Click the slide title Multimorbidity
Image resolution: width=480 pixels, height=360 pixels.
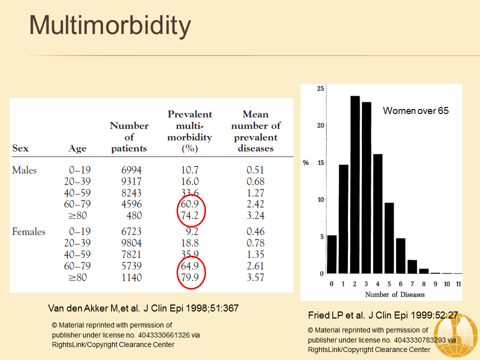(x=110, y=26)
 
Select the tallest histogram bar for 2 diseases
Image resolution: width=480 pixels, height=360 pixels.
(x=355, y=185)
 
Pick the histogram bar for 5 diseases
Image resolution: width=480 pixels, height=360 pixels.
(x=389, y=238)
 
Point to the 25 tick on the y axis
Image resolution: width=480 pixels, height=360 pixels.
(x=321, y=88)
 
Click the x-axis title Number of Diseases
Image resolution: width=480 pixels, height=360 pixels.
(x=394, y=294)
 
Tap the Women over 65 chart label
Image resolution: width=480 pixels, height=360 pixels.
(x=415, y=110)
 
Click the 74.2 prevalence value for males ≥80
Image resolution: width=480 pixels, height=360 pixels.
(x=190, y=215)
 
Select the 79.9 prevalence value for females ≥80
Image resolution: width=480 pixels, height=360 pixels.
(x=190, y=277)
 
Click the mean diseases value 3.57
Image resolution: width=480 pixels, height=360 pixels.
(x=255, y=277)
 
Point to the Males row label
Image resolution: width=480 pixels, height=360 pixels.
(x=24, y=170)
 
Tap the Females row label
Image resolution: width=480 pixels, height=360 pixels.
(x=28, y=231)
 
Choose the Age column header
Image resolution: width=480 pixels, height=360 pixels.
(x=77, y=148)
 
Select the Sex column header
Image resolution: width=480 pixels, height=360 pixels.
(x=20, y=148)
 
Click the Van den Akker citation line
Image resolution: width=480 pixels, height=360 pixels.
(x=142, y=308)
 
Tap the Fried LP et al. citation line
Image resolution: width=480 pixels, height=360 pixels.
(x=383, y=315)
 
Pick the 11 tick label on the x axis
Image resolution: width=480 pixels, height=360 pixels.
(x=458, y=284)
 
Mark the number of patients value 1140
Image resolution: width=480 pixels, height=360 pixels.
(x=131, y=277)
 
